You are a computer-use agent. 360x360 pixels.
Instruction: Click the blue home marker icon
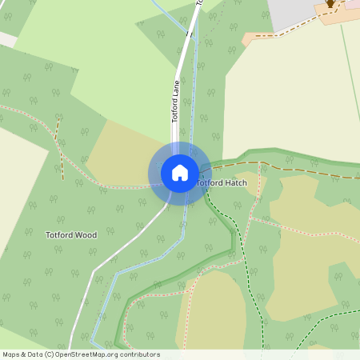coord(179,172)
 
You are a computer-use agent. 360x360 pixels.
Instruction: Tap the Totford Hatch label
coord(222,183)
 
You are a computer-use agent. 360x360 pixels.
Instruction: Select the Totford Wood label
coord(71,235)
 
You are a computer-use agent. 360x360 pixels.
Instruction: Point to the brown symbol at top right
coord(330,4)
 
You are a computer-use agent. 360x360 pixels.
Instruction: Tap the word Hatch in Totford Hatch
coord(236,183)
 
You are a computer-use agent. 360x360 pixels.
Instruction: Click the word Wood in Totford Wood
coord(86,235)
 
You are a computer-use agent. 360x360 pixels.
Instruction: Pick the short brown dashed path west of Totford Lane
coord(59,144)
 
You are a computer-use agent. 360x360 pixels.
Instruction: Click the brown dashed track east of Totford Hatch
coord(296,169)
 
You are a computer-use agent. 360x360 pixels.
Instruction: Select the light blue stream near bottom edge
coord(98,320)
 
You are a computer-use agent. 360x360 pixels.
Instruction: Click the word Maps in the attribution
coord(11,354)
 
